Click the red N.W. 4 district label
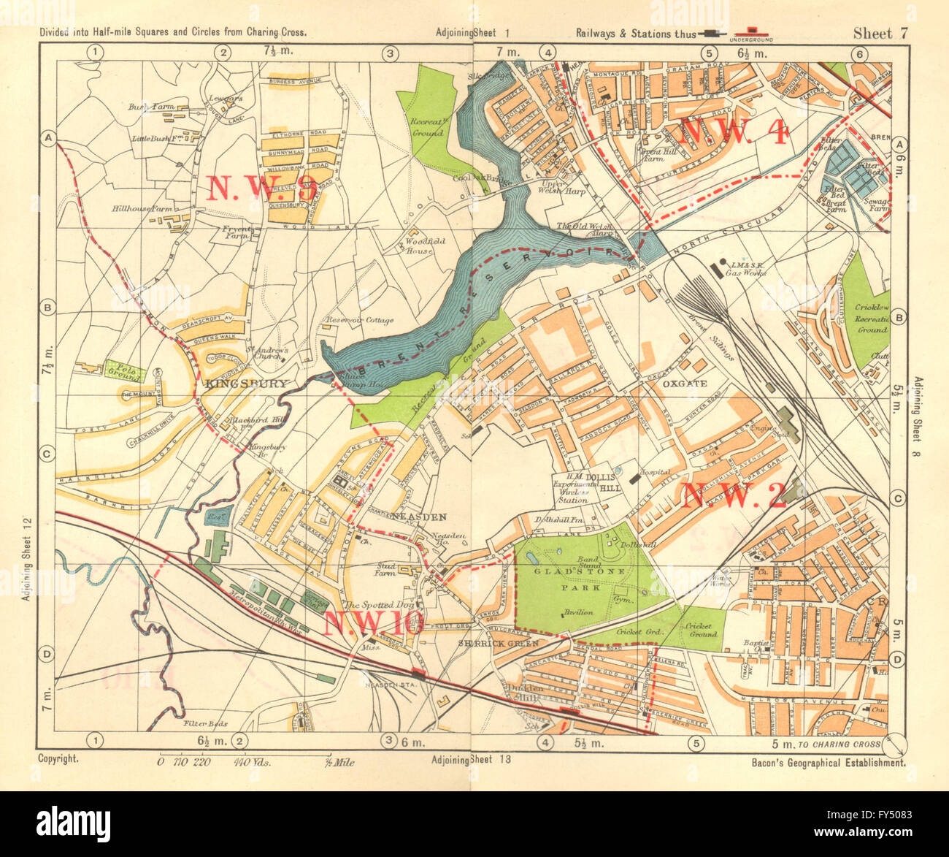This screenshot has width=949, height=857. coord(734,132)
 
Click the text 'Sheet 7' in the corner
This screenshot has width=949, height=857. coord(880,33)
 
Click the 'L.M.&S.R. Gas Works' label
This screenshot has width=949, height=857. coord(745,267)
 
